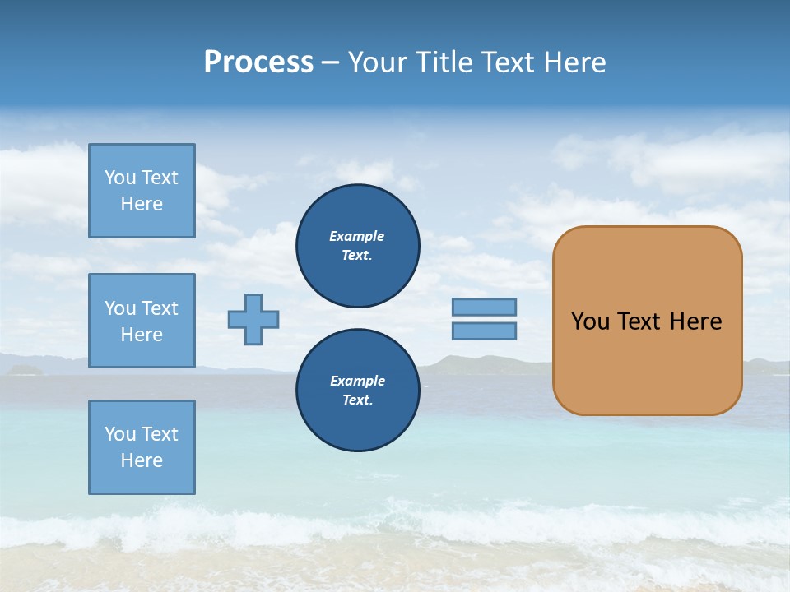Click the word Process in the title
tap(258, 62)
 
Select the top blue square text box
tap(142, 191)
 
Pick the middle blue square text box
tap(142, 321)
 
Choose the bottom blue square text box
tap(142, 447)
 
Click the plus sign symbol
tap(253, 319)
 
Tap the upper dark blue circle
tap(358, 245)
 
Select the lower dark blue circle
tap(358, 390)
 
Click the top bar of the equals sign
tap(484, 307)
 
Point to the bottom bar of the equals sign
tap(484, 331)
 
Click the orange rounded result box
tap(647, 362)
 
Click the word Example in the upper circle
tap(357, 236)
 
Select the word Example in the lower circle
tap(357, 381)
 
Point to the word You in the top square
tap(119, 178)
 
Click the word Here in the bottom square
tap(142, 460)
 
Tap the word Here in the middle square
tap(142, 335)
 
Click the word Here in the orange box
tap(695, 321)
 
